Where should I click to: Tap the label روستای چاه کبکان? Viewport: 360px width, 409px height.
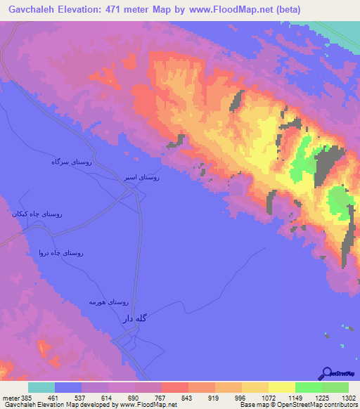click(x=36, y=213)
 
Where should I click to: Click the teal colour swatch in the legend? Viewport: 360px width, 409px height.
click(x=41, y=387)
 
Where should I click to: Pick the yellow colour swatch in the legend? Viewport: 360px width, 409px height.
click(x=255, y=387)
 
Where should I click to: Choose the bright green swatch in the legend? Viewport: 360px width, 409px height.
click(x=308, y=387)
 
